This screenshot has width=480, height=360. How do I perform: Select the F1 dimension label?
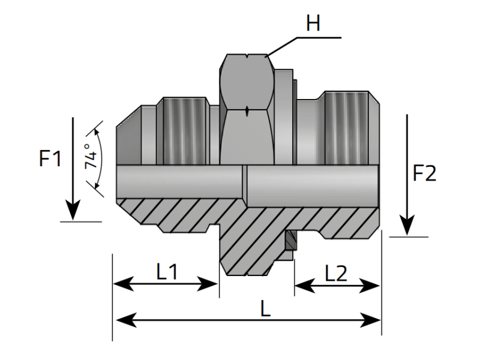pos(50,159)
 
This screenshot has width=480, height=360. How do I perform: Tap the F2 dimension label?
pos(425,173)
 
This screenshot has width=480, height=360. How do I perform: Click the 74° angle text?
pos(91,157)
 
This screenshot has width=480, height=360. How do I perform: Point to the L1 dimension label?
pos(167,272)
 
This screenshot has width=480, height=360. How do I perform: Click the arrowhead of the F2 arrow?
pos(407,226)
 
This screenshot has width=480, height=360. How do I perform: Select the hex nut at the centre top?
pos(248,111)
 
